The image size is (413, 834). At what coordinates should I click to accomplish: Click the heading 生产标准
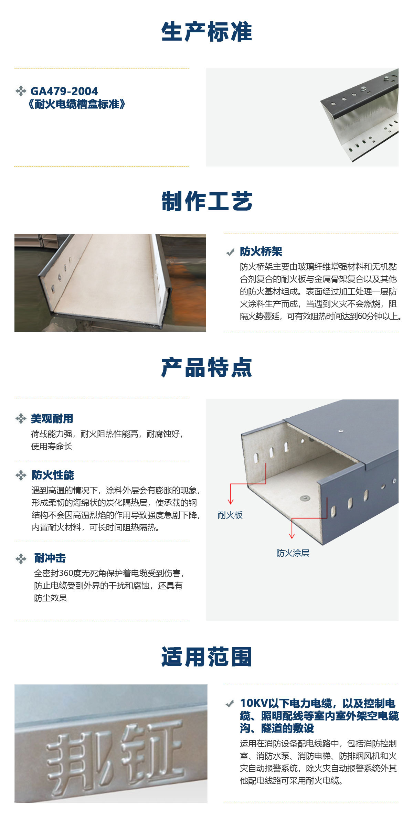pyautogui.click(x=206, y=32)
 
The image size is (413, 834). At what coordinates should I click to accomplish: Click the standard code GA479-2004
pyautogui.click(x=64, y=91)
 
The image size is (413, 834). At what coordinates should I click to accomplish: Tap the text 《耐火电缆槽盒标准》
pyautogui.click(x=77, y=104)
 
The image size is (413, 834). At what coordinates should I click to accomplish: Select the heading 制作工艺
pyautogui.click(x=206, y=201)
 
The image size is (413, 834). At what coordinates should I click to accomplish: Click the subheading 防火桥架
pyautogui.click(x=261, y=252)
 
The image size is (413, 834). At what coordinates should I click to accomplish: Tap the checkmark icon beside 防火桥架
pyautogui.click(x=230, y=253)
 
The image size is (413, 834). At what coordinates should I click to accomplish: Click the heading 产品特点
pyautogui.click(x=206, y=367)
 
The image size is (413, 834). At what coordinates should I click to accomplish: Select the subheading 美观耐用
pyautogui.click(x=52, y=418)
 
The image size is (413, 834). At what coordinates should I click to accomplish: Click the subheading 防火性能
pyautogui.click(x=53, y=475)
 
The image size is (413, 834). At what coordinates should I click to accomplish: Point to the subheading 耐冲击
pyautogui.click(x=50, y=558)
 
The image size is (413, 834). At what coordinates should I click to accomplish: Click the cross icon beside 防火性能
pyautogui.click(x=21, y=475)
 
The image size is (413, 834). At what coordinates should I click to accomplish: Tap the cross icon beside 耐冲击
pyautogui.click(x=21, y=558)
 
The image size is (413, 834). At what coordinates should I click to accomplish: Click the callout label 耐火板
pyautogui.click(x=230, y=515)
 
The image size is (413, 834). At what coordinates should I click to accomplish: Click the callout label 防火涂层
pyautogui.click(x=293, y=553)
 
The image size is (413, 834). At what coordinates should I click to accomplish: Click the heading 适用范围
pyautogui.click(x=206, y=656)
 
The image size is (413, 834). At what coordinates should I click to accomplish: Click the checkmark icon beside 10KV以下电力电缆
pyautogui.click(x=230, y=704)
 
